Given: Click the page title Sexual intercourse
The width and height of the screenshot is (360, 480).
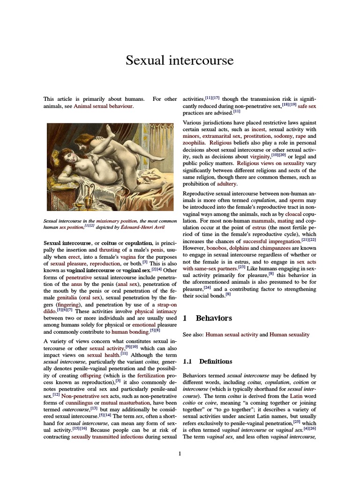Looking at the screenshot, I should [180, 60].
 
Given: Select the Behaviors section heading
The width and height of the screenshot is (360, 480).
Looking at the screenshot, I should [214, 318].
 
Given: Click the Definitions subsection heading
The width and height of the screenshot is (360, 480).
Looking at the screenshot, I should [216, 361].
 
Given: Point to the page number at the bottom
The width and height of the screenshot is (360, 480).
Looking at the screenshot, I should [180, 453].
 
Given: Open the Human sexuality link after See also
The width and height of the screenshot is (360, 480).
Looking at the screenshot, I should [290, 335].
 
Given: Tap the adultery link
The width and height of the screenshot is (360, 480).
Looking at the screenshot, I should [225, 184].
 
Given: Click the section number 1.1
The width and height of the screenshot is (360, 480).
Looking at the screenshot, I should [187, 361].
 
